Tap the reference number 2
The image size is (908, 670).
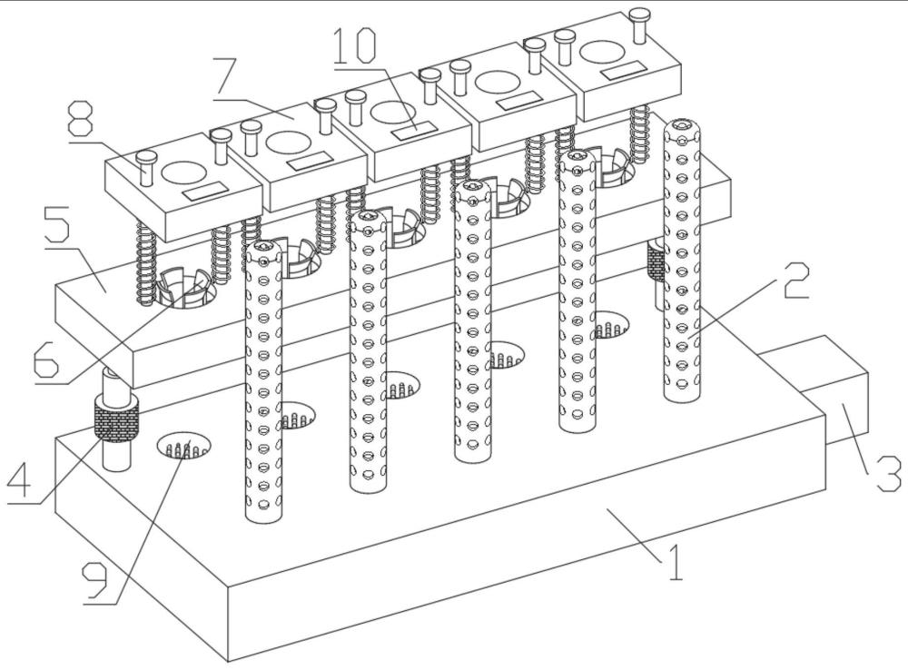(x=796, y=281)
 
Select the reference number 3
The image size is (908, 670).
(x=886, y=473)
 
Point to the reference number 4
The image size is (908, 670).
(x=19, y=478)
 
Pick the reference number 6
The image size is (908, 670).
(x=46, y=359)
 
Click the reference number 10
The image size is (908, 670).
(x=356, y=45)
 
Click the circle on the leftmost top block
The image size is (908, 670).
(x=183, y=171)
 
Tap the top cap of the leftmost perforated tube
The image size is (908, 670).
(x=263, y=251)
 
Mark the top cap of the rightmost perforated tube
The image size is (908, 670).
(x=682, y=128)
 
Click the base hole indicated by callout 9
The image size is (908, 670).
(x=183, y=446)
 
